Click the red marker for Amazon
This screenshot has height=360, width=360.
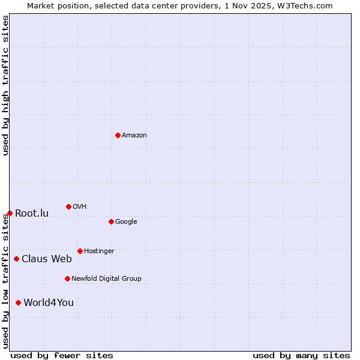tap(118, 135)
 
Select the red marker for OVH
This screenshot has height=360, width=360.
tap(68, 206)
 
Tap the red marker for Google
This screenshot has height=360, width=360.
tap(111, 221)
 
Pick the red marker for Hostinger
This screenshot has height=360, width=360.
tap(80, 251)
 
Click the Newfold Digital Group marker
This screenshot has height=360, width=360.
tap(67, 278)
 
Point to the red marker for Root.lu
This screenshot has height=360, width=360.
tap(10, 213)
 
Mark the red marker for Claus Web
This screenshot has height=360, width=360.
tap(16, 259)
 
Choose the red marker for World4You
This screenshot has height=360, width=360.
tap(18, 302)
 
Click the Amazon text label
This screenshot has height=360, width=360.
tap(134, 136)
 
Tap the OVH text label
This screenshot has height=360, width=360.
tap(80, 207)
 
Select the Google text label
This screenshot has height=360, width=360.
tap(126, 222)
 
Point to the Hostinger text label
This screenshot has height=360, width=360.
tap(99, 251)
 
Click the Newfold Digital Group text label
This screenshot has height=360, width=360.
tap(106, 279)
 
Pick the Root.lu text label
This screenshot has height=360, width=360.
tap(32, 214)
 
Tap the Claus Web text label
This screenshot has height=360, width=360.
tap(47, 259)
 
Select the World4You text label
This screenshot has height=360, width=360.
tap(49, 303)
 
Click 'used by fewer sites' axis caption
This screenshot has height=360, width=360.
tap(62, 355)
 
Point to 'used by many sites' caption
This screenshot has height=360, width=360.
tap(301, 355)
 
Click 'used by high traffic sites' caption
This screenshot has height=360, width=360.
tap(5, 85)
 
